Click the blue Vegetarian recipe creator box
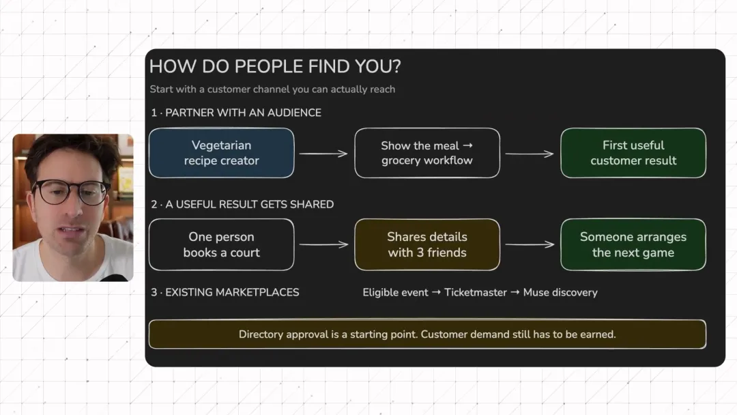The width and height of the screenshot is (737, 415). coord(221,153)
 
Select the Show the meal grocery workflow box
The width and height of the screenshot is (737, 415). coord(427,153)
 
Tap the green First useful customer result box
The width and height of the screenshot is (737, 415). coord(633,153)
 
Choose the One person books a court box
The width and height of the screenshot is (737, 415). coord(221,244)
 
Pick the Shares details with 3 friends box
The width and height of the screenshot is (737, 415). coord(427,244)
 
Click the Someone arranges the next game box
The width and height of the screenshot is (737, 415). coord(633,244)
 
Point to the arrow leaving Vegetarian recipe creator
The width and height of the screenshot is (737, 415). coord(323,153)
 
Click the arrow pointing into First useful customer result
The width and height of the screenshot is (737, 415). coord(530,153)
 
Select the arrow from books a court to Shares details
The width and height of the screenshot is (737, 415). coord(323,244)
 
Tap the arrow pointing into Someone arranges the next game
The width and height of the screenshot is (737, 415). coord(530,244)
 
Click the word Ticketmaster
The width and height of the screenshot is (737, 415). coord(476,292)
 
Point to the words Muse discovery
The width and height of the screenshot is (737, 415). coord(560,292)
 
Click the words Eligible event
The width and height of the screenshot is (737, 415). coord(395,292)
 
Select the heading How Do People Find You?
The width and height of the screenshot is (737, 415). coord(275,66)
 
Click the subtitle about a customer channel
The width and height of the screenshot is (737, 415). coord(272,89)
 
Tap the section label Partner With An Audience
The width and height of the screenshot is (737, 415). coord(236,113)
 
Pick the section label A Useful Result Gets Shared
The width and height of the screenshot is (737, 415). coord(242,205)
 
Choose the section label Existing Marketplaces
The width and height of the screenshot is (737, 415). coord(225,292)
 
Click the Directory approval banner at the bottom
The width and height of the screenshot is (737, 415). coord(427,334)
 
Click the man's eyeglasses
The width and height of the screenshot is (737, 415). coord(70,192)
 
